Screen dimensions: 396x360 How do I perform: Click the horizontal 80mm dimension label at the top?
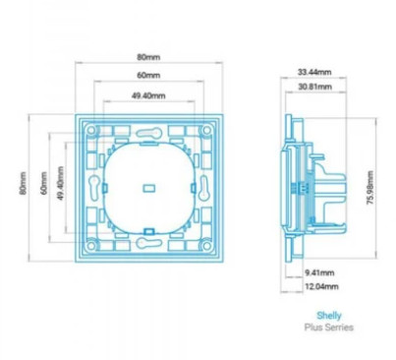148,57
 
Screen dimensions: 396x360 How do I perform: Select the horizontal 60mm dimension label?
148,75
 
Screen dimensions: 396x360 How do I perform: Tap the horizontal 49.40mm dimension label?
148,95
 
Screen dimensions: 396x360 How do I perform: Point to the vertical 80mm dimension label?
23,183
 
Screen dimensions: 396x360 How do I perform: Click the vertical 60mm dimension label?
44,183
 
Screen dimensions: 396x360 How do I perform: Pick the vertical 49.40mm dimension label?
61,183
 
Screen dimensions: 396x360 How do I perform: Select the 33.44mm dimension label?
314,72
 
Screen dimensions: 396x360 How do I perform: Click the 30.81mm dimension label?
315,87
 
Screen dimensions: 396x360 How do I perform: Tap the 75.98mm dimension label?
369,188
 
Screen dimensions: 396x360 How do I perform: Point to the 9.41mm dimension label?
319,272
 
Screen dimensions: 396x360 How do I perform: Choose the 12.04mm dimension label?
321,286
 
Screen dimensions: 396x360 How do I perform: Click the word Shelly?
329,316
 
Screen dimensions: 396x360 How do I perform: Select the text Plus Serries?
329,328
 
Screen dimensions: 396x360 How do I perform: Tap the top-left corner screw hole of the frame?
91,130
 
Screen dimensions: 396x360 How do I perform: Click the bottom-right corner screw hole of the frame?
206,245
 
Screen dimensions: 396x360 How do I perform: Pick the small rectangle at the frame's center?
149,188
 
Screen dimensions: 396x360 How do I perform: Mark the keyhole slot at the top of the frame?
149,133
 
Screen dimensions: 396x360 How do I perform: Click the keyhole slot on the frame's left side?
94,188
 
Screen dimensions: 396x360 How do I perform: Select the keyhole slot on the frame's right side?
204,188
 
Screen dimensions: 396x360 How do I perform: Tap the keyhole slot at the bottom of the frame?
149,243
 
